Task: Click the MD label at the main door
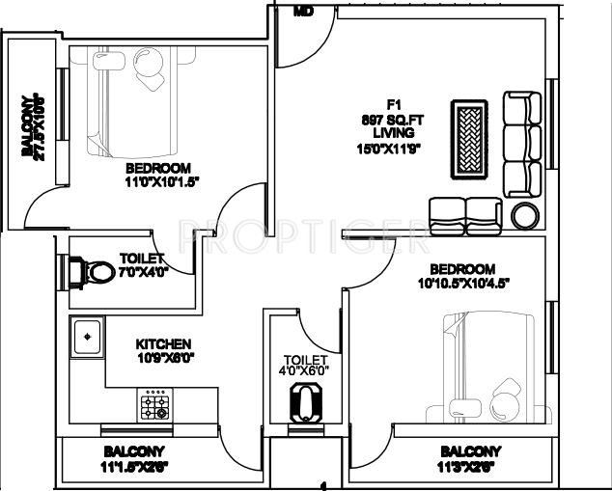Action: point(304,12)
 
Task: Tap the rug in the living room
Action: point(470,141)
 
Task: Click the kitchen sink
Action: point(86,337)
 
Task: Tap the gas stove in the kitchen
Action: point(154,407)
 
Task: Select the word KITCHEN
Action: point(163,344)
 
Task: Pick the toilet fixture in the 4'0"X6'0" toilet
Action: point(306,398)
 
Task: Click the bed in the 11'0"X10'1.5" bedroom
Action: point(125,101)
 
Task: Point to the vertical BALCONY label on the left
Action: point(30,125)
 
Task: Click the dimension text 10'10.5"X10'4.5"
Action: point(462,283)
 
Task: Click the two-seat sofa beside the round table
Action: point(466,211)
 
